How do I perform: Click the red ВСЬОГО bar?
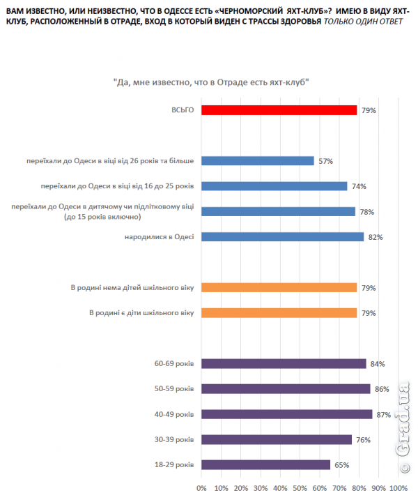tap(279, 110)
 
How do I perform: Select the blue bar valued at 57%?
tap(257, 161)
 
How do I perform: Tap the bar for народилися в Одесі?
tap(282, 237)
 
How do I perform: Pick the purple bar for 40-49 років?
tap(287, 414)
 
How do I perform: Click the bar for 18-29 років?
tap(265, 464)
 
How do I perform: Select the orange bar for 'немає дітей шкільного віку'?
tap(279, 287)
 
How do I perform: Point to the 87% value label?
tap(382, 414)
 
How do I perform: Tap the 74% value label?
tap(358, 186)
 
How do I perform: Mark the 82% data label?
tap(375, 237)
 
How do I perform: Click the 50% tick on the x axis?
tap(300, 487)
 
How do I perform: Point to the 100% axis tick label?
tap(398, 487)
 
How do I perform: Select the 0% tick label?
tap(202, 487)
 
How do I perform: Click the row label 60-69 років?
tap(175, 363)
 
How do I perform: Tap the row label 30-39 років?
tap(175, 439)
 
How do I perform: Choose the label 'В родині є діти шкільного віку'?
tap(141, 312)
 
